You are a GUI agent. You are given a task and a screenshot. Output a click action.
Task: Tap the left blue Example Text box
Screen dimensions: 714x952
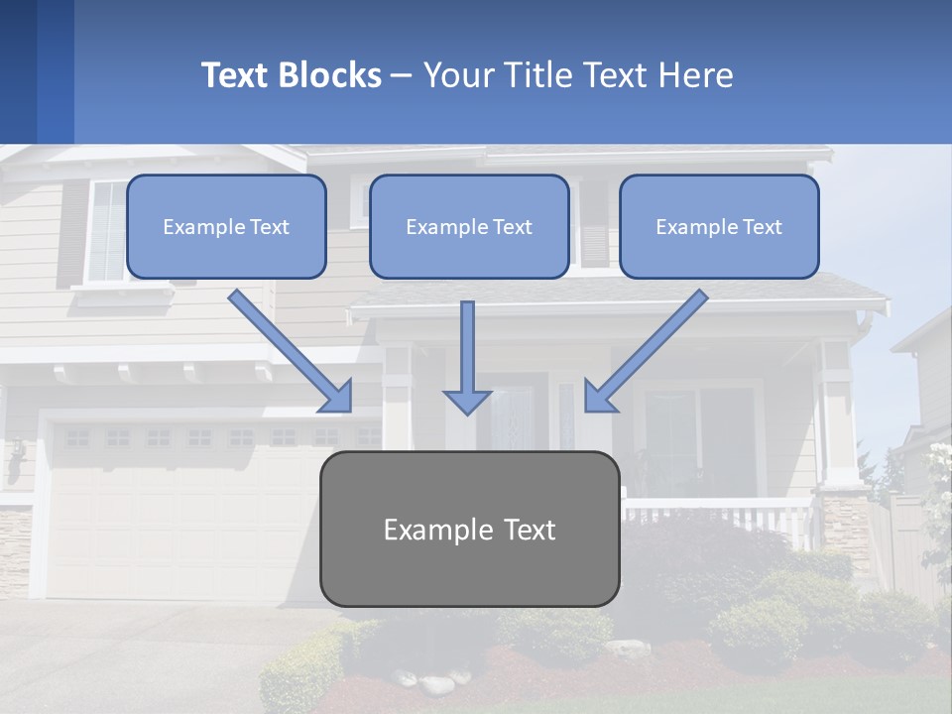226,227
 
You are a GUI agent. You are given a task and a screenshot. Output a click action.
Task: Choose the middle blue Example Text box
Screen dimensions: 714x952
469,227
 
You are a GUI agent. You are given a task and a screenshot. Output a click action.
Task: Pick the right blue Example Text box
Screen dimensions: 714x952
719,227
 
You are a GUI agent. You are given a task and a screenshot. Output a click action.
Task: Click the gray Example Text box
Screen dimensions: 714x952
469,530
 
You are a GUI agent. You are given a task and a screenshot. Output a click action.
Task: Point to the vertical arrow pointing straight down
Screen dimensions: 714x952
467,358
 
